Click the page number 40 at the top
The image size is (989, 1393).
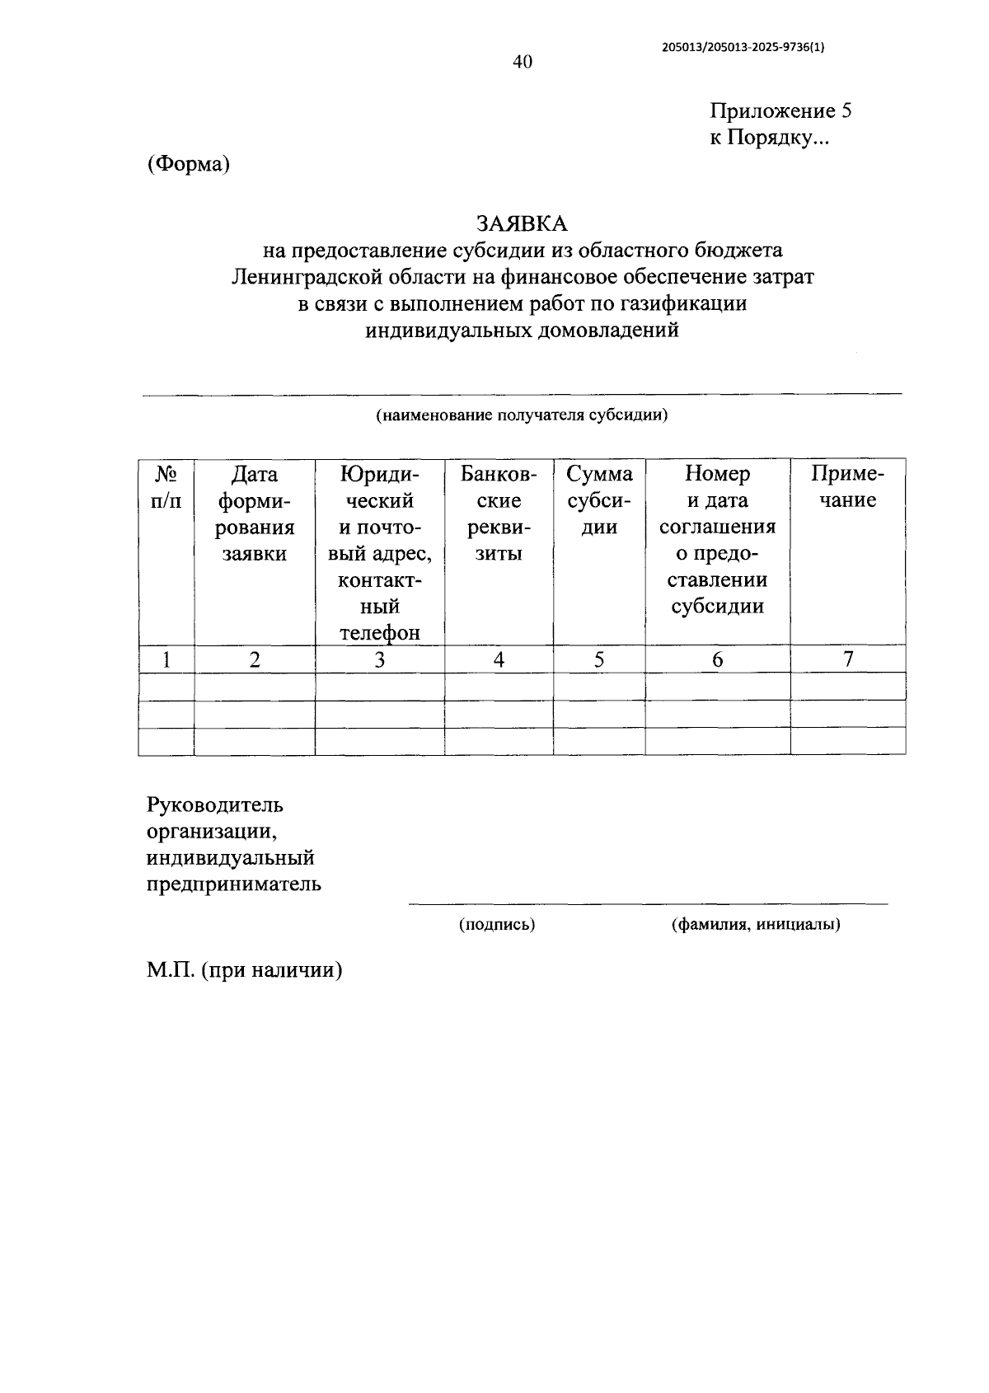pos(523,63)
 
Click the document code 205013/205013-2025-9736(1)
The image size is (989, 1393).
pos(743,47)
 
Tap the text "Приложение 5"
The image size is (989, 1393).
pos(780,111)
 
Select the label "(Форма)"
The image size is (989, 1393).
pos(188,165)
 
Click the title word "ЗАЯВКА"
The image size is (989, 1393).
pos(522,223)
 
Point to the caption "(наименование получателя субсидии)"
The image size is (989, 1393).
pos(522,415)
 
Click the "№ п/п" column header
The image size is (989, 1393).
pos(166,487)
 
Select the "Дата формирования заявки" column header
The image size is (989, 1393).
pos(255,513)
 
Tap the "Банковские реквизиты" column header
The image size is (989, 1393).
pos(499,513)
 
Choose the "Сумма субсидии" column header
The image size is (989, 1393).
pos(599,500)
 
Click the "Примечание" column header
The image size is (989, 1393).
pos(847,487)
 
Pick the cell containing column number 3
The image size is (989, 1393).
pos(379,659)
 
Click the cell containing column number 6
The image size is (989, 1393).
pos(717,659)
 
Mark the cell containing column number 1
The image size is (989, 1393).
pos(166,659)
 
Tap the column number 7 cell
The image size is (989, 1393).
pos(847,659)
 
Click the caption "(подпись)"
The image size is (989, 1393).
pos(497,925)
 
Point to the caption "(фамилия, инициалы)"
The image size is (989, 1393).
pos(756,925)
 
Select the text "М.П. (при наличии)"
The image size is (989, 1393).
pos(245,970)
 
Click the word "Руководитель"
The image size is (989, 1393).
pos(215,804)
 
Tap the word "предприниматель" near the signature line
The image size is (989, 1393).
pos(234,884)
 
